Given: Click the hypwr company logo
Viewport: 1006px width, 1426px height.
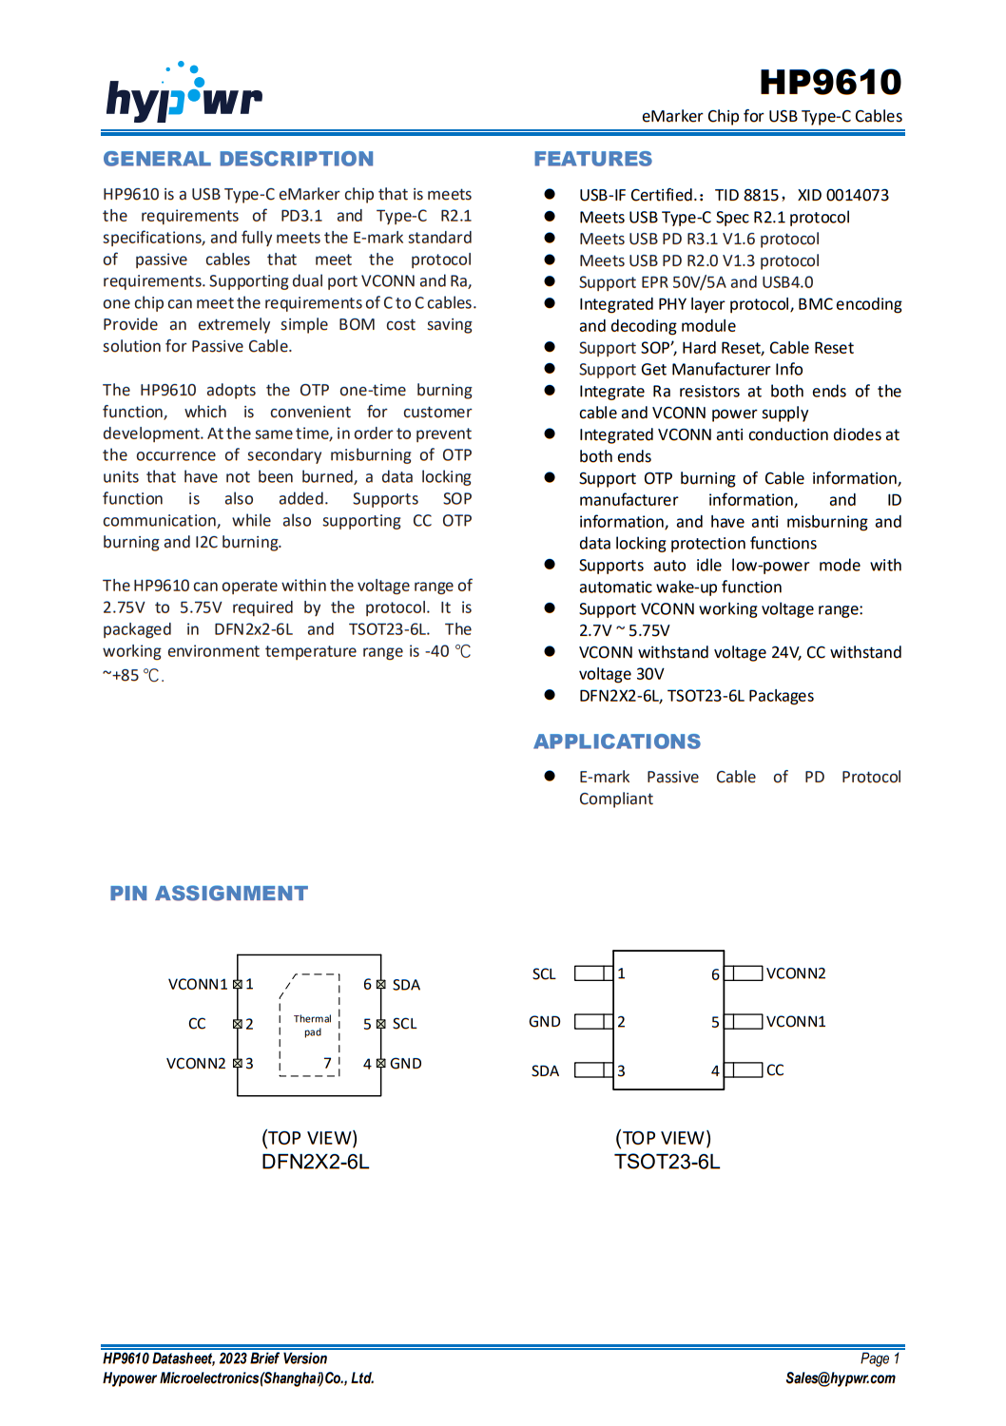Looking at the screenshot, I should click(184, 95).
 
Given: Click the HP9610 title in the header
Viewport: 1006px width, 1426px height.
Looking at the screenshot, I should click(830, 83).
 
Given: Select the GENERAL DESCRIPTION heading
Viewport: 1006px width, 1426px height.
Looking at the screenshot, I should click(238, 159).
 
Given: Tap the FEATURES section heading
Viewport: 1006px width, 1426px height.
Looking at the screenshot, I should click(592, 159).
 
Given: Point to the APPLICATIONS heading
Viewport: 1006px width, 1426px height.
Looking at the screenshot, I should click(616, 742).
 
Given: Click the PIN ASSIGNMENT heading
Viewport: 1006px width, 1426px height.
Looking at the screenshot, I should click(208, 894).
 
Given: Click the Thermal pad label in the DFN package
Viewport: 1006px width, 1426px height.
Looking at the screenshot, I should click(312, 1025).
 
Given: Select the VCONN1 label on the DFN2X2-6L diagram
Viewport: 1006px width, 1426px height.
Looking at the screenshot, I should click(198, 984).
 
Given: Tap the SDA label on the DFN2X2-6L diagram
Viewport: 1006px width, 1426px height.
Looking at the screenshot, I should click(406, 985).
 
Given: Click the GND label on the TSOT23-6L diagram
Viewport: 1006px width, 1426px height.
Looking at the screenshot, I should click(544, 1022).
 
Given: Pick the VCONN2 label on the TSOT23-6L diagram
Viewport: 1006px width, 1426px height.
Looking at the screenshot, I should click(796, 973).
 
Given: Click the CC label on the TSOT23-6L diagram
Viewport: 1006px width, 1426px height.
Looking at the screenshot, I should click(775, 1070).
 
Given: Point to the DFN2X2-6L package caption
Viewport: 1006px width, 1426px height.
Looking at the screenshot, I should click(315, 1162).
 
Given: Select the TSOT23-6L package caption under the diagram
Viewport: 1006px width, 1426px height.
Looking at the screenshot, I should click(667, 1162).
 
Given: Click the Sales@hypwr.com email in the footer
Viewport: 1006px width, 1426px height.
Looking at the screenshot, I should click(840, 1378).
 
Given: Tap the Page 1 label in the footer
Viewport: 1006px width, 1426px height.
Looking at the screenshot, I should click(879, 1359).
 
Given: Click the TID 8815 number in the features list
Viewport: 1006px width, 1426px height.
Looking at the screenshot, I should click(746, 195).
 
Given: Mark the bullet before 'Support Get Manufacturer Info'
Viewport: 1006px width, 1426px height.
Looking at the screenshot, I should click(550, 369).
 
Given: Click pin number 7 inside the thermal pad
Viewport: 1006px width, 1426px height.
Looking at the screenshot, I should click(327, 1063).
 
